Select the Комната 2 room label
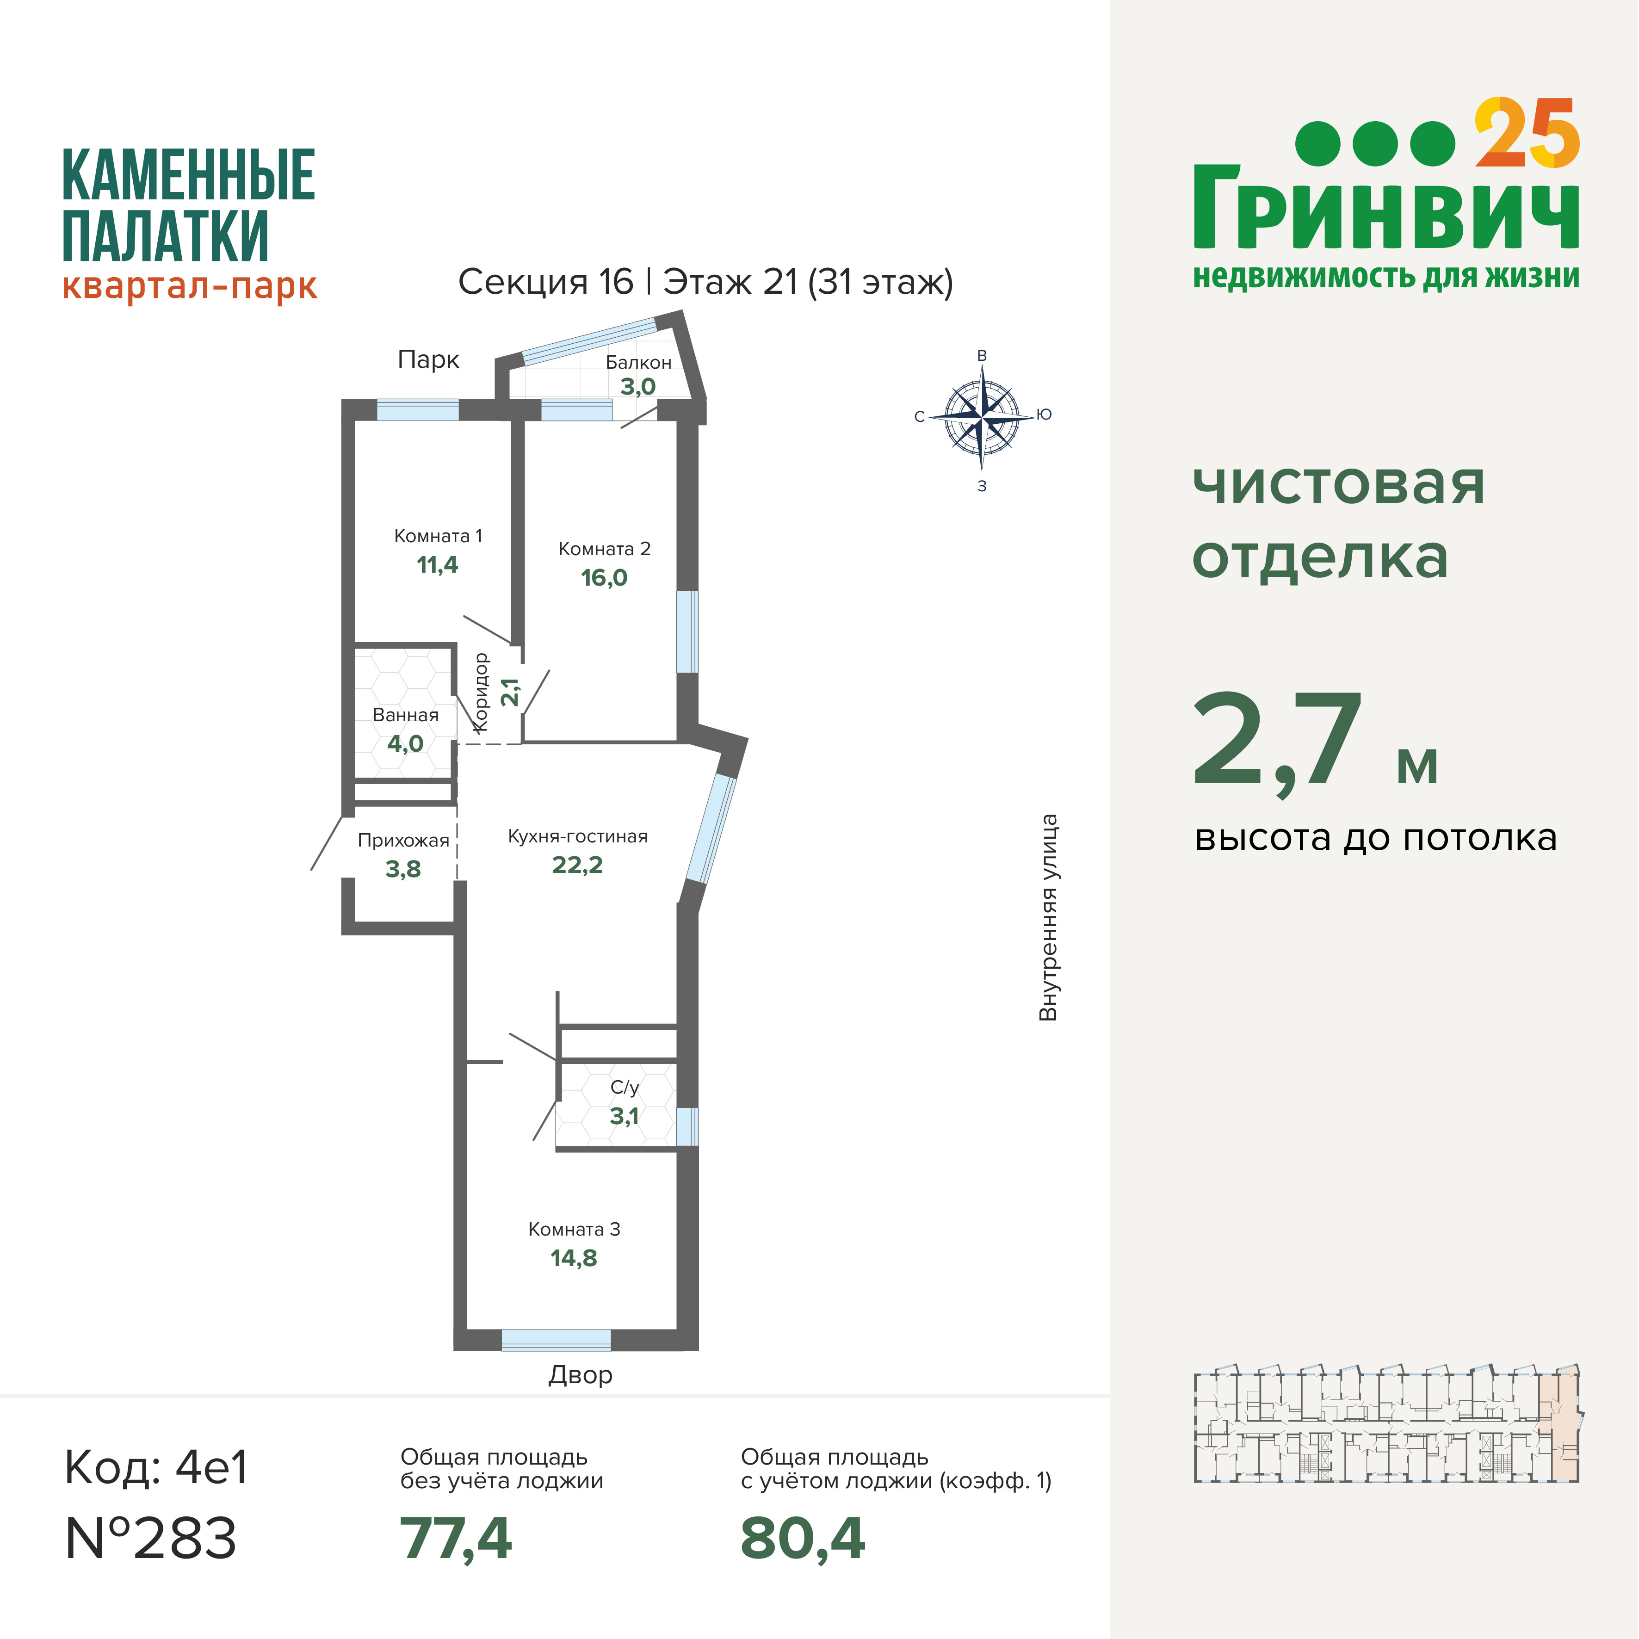pos(604,549)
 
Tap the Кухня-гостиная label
pos(578,836)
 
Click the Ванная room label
pos(406,715)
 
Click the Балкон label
pos(638,362)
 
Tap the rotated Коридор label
pos(481,692)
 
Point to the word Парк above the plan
pos(428,360)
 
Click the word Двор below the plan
pos(580,1375)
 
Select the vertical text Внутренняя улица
pos(1049,918)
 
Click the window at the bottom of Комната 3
pos(557,1340)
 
